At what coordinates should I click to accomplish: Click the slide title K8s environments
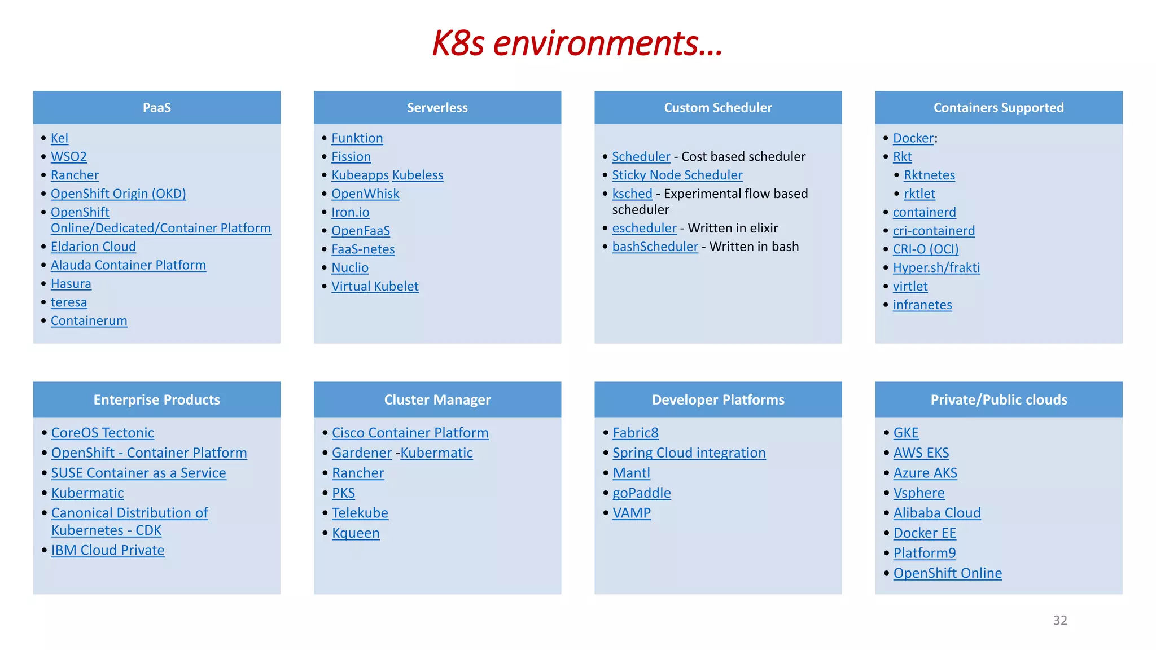(x=577, y=43)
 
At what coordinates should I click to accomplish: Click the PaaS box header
(x=157, y=107)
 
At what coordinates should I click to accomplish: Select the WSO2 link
(x=69, y=156)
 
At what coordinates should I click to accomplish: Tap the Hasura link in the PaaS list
(x=71, y=283)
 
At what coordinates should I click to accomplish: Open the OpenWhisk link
(x=365, y=194)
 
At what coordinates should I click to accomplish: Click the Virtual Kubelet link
(x=375, y=286)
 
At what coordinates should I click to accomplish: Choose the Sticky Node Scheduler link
(x=677, y=175)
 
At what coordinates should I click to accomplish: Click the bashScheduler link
(x=655, y=247)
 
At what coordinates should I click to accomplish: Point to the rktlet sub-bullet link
(x=919, y=194)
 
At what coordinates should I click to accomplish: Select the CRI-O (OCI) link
(x=926, y=249)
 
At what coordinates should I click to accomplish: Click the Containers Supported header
(x=999, y=107)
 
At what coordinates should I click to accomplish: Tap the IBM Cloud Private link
(x=108, y=550)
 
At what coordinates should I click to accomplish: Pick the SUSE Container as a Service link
(x=138, y=473)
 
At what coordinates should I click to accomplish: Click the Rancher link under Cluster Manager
(x=358, y=473)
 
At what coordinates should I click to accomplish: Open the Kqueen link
(x=356, y=533)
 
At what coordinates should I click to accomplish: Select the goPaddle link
(x=642, y=493)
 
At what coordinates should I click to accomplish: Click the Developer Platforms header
(x=718, y=399)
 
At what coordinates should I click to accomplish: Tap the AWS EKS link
(x=921, y=453)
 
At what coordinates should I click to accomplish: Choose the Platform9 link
(x=925, y=553)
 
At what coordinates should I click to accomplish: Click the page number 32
(x=1060, y=620)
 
